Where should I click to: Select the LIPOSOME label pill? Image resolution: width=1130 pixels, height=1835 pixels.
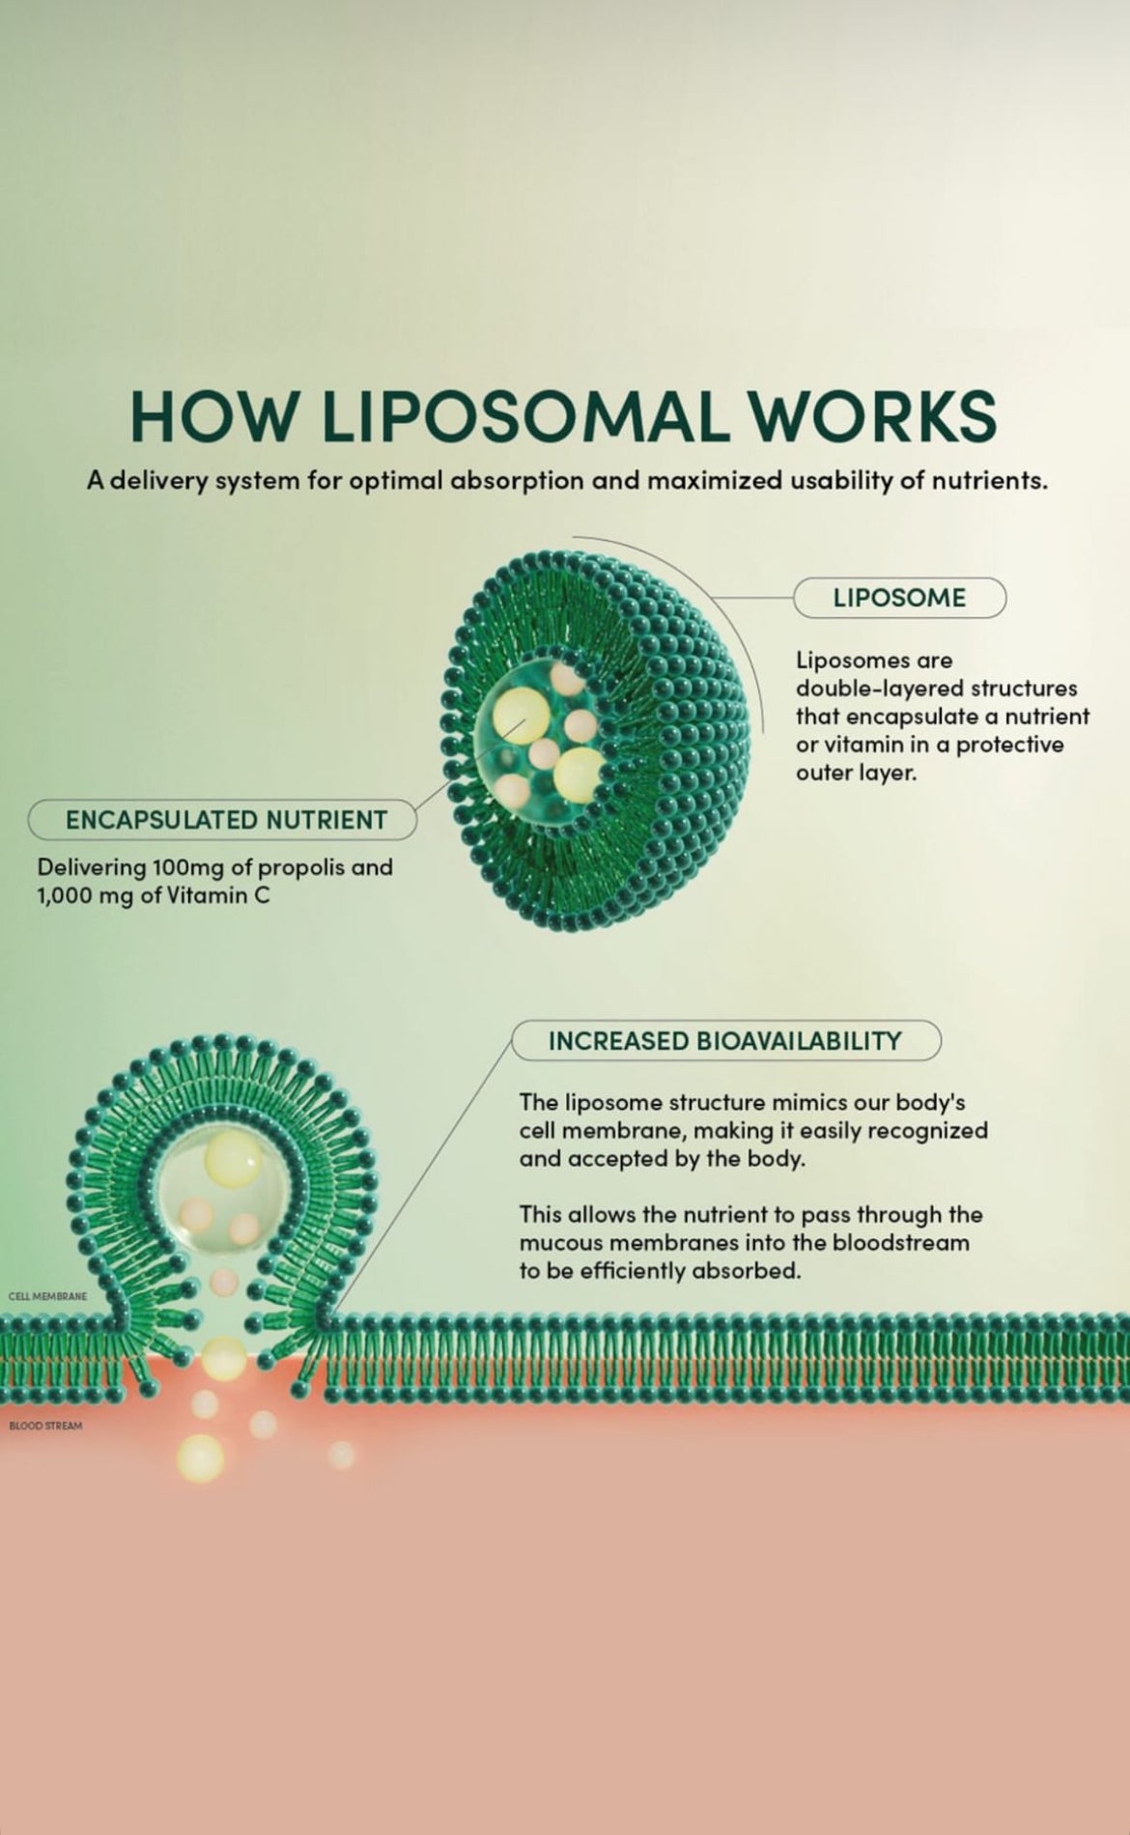coord(899,598)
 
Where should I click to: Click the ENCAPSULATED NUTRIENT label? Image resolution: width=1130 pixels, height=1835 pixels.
coord(225,820)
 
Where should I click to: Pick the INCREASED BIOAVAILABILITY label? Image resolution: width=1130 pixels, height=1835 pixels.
coord(724,1041)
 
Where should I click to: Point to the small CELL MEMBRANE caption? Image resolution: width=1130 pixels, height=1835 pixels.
coord(47,1296)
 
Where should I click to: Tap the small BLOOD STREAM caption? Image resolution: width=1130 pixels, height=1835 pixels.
coord(45,1426)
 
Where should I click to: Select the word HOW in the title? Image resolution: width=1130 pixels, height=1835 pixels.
coord(212,416)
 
